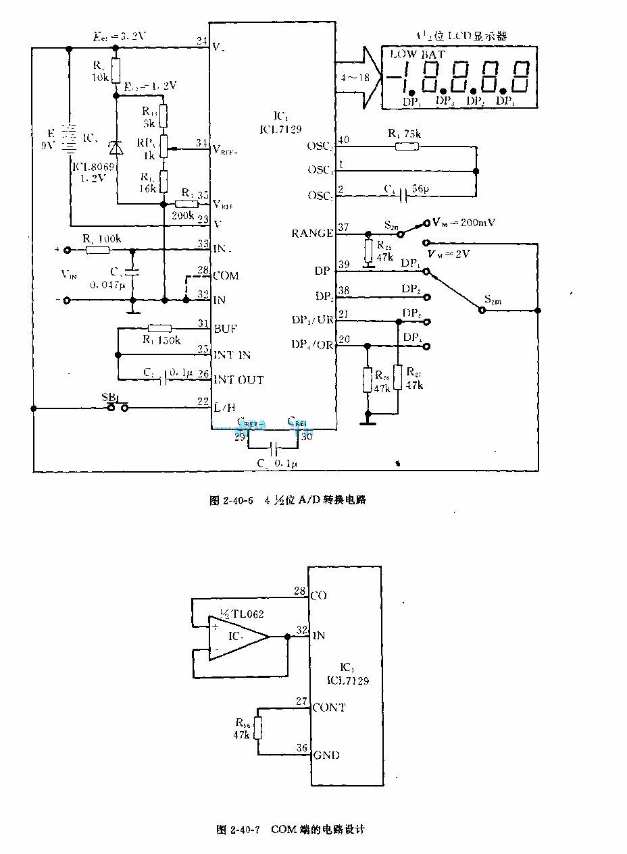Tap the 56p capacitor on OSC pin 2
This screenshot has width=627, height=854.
403,196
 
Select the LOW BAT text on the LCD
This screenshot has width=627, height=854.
415,55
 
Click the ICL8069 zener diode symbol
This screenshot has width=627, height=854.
116,148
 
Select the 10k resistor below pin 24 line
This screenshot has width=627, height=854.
116,69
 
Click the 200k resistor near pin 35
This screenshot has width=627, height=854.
185,203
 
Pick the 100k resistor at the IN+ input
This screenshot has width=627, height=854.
99,250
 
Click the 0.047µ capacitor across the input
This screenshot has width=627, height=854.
132,273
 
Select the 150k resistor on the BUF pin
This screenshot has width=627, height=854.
160,328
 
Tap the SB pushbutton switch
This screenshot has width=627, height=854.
117,406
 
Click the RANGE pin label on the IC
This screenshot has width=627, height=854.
312,234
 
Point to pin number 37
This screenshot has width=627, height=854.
343,228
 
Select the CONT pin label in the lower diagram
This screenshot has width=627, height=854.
329,708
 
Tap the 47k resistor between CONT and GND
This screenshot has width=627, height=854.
258,728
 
